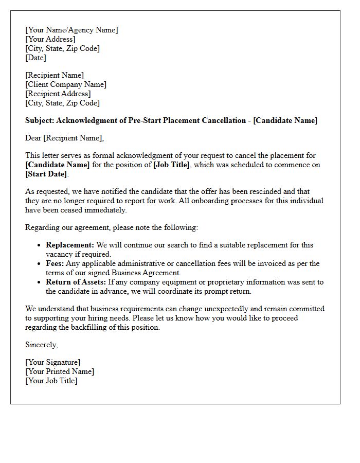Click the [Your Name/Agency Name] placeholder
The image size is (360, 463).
pyautogui.click(x=71, y=30)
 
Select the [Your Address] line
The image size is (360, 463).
pyautogui.click(x=50, y=39)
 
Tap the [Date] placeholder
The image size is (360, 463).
pyautogui.click(x=35, y=58)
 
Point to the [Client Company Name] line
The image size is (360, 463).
pyautogui.click(x=66, y=84)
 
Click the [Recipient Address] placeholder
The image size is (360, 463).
pyautogui.click(x=58, y=94)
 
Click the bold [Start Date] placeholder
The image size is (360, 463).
pyautogui.click(x=46, y=174)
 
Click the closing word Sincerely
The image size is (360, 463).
pyautogui.click(x=41, y=345)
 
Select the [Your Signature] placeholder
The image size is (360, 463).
pyautogui.click(x=53, y=362)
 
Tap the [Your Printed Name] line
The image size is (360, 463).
pyautogui.click(x=60, y=371)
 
